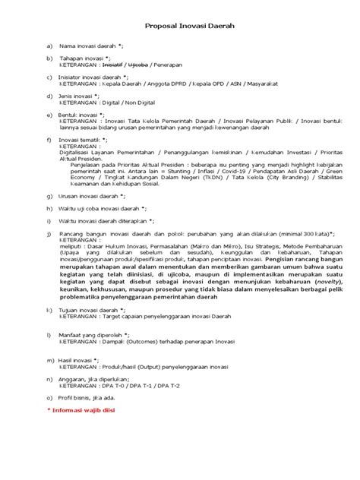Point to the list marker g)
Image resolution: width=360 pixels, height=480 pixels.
[x=49, y=197]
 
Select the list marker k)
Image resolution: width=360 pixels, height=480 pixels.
[x=49, y=311]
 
